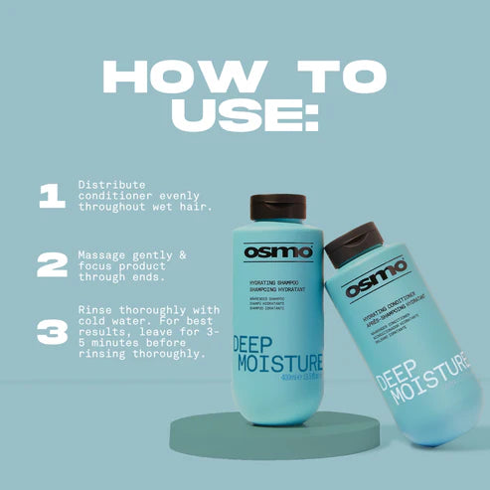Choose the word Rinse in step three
tap(97, 309)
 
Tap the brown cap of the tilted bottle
tap(355, 244)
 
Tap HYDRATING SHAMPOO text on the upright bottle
tap(266, 283)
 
